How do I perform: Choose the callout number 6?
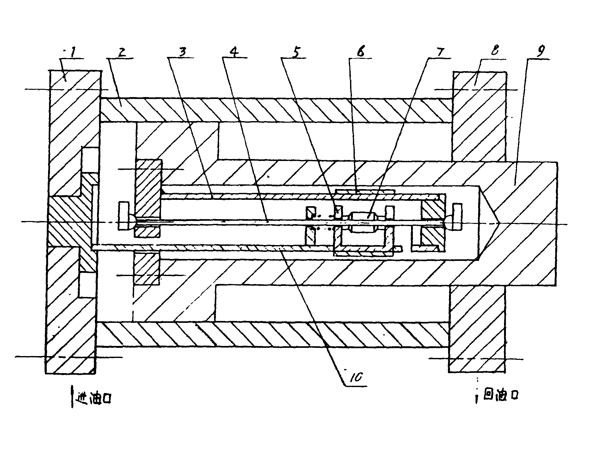pyautogui.click(x=360, y=52)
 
